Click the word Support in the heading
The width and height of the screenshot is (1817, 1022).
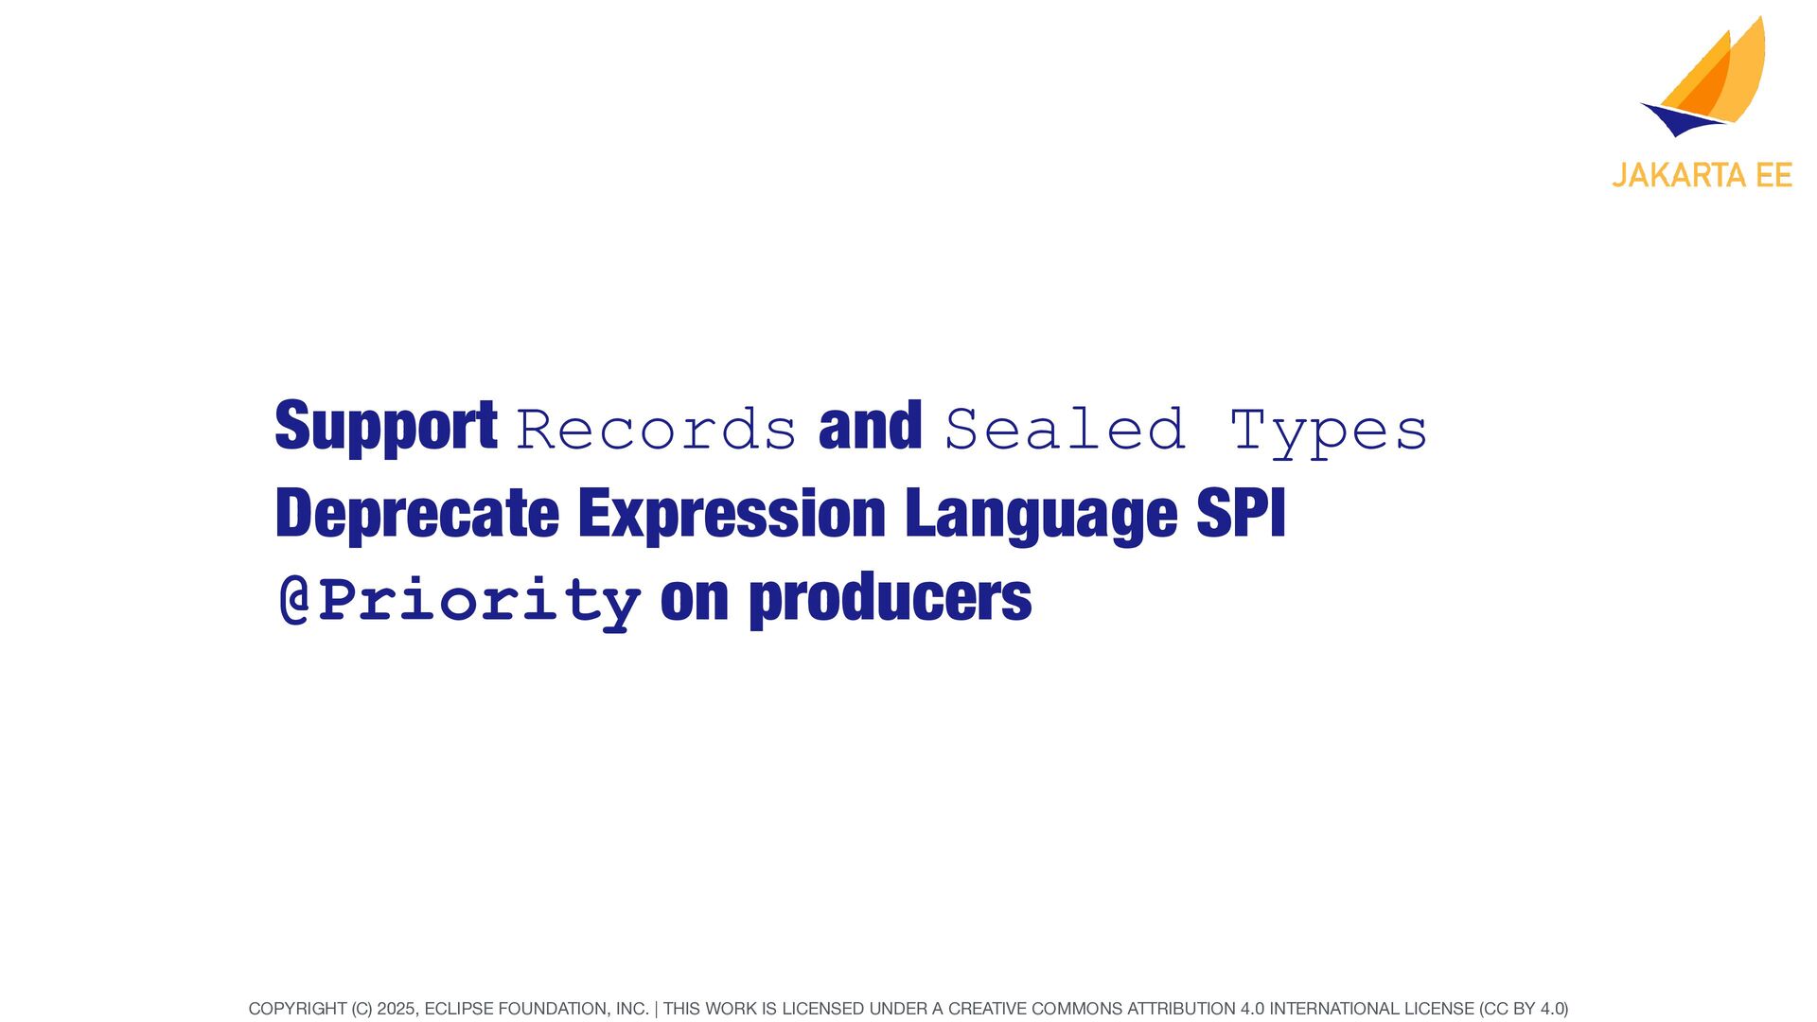[386, 428]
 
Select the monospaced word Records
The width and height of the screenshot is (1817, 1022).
[656, 430]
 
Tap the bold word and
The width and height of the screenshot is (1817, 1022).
[871, 425]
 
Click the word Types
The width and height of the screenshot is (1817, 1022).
[1329, 432]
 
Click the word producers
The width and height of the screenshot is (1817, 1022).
[891, 600]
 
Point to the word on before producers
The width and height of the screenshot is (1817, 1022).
[695, 603]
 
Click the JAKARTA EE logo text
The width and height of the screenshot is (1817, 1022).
[1702, 176]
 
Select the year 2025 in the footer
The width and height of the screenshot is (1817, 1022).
[396, 1009]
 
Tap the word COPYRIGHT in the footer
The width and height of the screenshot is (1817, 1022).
[297, 1009]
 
